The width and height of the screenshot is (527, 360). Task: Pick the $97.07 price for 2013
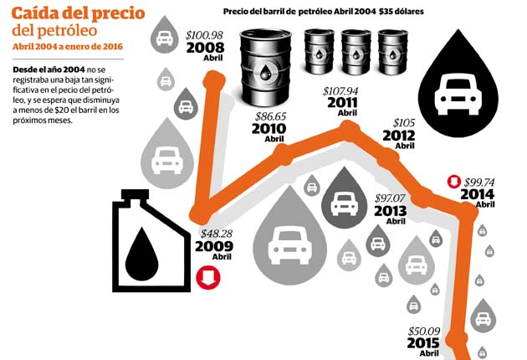click(390, 198)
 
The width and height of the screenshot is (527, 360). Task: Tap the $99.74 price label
click(479, 181)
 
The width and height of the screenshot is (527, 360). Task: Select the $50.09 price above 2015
click(423, 332)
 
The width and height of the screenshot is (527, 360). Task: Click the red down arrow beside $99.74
click(453, 181)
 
